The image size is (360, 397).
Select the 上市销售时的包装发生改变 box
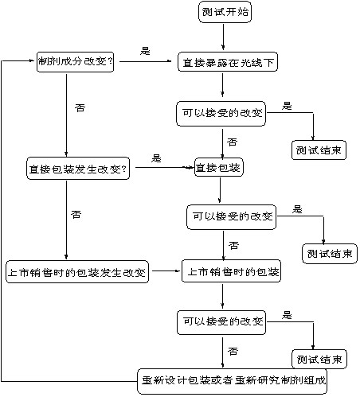[x=77, y=272]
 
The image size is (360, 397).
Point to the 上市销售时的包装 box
[x=232, y=272]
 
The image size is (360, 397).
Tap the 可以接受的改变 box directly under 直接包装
[x=230, y=216]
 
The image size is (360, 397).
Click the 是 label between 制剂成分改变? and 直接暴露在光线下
[x=145, y=51]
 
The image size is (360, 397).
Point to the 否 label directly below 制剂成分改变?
[x=78, y=106]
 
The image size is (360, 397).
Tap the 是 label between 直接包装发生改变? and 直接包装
[x=156, y=158]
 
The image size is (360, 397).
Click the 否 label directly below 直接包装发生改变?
[x=76, y=214]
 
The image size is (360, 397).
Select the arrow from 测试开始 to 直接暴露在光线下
[x=224, y=38]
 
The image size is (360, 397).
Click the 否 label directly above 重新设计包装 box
[x=233, y=350]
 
